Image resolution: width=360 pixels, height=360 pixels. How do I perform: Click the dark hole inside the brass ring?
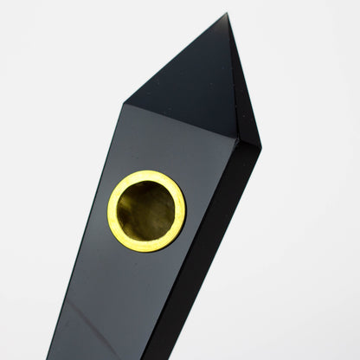tap(146, 210)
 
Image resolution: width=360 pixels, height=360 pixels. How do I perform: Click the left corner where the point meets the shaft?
tap(125, 104)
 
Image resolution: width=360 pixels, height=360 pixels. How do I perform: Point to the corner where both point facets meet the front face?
tap(236, 138)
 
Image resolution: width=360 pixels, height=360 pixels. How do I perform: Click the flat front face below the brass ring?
tap(121, 294)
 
